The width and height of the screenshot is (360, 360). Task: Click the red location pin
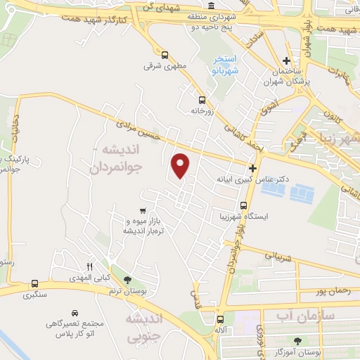coord(181,166)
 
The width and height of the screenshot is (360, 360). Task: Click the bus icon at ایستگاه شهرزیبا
coord(243,206)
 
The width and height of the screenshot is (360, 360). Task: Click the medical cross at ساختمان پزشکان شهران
coord(285,61)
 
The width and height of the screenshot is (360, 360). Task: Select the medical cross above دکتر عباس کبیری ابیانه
coord(252,168)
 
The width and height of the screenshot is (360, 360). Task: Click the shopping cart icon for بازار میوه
coord(143,210)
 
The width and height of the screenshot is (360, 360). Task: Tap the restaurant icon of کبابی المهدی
coord(89,266)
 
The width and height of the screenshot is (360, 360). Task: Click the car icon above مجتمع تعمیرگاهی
coord(75,312)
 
